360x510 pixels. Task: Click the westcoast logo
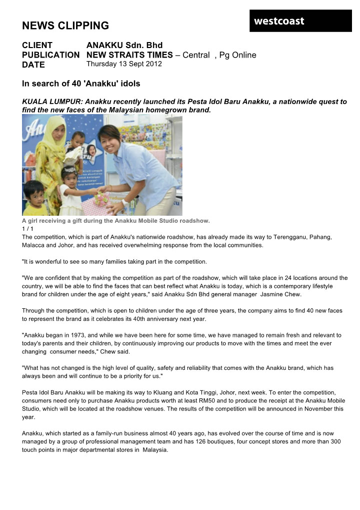tap(279, 21)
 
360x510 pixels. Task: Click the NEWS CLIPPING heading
tap(65, 26)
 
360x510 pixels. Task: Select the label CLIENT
tap(37, 46)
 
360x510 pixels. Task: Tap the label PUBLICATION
tap(50, 55)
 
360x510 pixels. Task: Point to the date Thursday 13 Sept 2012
tap(124, 64)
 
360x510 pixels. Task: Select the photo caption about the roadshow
tap(116, 221)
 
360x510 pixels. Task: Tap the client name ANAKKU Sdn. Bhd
tap(124, 46)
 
